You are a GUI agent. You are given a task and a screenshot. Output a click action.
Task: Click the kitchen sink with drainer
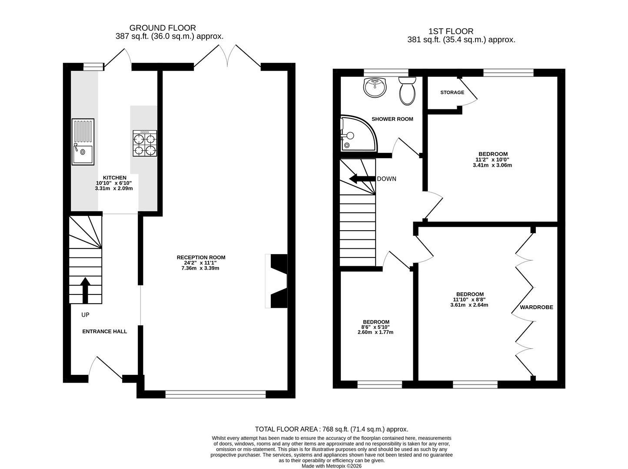point(83,142)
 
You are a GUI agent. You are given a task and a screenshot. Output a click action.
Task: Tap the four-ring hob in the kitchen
point(145,143)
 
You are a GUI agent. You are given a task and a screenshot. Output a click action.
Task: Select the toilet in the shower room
point(407,91)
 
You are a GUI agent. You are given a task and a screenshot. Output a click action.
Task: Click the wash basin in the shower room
point(375,87)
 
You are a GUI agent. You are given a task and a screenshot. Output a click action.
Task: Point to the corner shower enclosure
point(359,133)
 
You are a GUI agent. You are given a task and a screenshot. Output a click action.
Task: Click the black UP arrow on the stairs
point(85,290)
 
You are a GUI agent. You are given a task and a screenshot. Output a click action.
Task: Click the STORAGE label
point(452,92)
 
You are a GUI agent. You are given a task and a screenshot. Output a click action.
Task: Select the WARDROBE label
point(536,307)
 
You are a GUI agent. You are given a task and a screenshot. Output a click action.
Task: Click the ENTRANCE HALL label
point(104,331)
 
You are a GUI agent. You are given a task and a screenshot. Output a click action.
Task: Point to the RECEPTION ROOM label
point(201,257)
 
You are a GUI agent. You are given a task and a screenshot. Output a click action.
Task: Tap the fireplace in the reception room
point(276,281)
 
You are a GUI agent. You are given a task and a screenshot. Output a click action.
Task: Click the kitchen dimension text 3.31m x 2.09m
point(114,188)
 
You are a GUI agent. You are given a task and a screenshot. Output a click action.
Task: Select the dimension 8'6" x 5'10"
point(376,327)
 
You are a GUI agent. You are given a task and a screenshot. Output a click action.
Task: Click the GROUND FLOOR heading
point(163,28)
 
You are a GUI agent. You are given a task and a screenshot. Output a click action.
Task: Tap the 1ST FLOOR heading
point(451,31)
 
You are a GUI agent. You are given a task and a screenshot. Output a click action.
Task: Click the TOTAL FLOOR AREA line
point(332,429)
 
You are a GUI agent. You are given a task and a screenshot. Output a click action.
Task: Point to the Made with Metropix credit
point(332,466)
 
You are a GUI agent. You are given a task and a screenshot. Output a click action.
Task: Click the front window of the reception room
point(216,394)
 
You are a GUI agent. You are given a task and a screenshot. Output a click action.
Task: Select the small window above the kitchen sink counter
point(93,66)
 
